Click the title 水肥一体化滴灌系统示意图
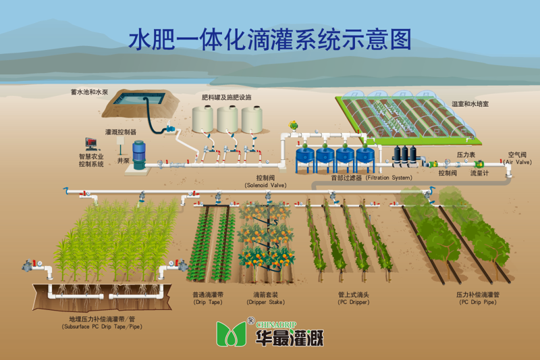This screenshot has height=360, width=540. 269,39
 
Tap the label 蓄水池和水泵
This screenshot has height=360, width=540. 89,92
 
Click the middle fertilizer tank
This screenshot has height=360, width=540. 227,119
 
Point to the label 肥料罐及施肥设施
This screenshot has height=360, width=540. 226,97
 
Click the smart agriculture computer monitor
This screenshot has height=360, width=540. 91,144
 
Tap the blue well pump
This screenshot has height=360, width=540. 139,155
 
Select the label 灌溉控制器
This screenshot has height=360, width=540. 121,132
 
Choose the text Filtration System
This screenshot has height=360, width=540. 389,178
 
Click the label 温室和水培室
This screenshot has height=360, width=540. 470,104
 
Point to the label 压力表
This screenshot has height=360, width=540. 466,155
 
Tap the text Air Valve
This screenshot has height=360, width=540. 518,162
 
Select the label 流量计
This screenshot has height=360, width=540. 479,173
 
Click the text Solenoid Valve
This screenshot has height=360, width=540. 265,185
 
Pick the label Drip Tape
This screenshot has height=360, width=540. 208,302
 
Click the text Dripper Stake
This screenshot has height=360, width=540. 265,302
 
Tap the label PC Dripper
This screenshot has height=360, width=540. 354,302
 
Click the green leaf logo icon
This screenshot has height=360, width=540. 231,334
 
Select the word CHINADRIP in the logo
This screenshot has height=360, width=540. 276,324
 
